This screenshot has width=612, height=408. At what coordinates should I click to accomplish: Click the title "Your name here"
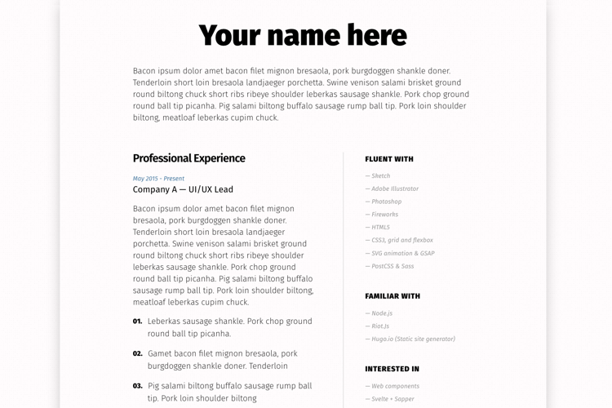[303, 36]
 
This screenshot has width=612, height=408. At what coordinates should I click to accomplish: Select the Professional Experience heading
[188, 158]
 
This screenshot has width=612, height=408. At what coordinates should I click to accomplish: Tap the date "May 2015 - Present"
[158, 179]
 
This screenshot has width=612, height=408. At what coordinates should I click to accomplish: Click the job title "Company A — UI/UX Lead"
[183, 190]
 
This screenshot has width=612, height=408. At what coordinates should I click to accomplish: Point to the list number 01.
[137, 322]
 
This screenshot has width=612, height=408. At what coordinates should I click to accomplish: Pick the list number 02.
[137, 354]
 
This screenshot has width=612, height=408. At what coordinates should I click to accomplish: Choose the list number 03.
[137, 386]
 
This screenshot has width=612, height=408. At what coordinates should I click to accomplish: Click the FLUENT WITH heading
[389, 159]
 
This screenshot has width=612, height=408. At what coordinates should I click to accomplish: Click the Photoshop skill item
[386, 202]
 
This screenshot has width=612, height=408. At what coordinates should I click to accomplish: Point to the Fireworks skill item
[384, 215]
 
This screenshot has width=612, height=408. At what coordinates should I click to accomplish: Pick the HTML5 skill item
[380, 228]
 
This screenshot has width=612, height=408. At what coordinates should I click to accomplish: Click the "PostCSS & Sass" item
[392, 266]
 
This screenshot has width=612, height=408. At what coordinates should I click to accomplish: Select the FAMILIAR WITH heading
[392, 296]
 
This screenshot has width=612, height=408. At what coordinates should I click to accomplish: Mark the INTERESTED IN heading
[392, 369]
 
